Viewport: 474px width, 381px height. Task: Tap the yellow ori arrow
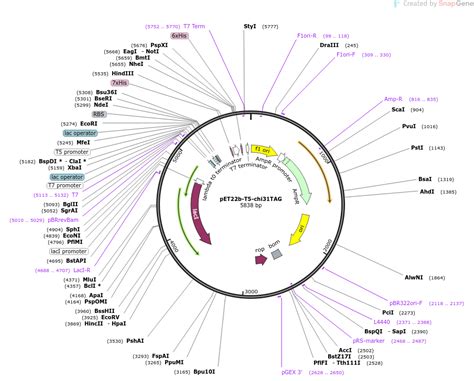coord(303,233)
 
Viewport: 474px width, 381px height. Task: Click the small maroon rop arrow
coord(261,259)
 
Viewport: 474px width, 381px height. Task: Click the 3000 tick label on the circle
coord(251,291)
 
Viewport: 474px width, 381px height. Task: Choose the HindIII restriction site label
coord(123,74)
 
